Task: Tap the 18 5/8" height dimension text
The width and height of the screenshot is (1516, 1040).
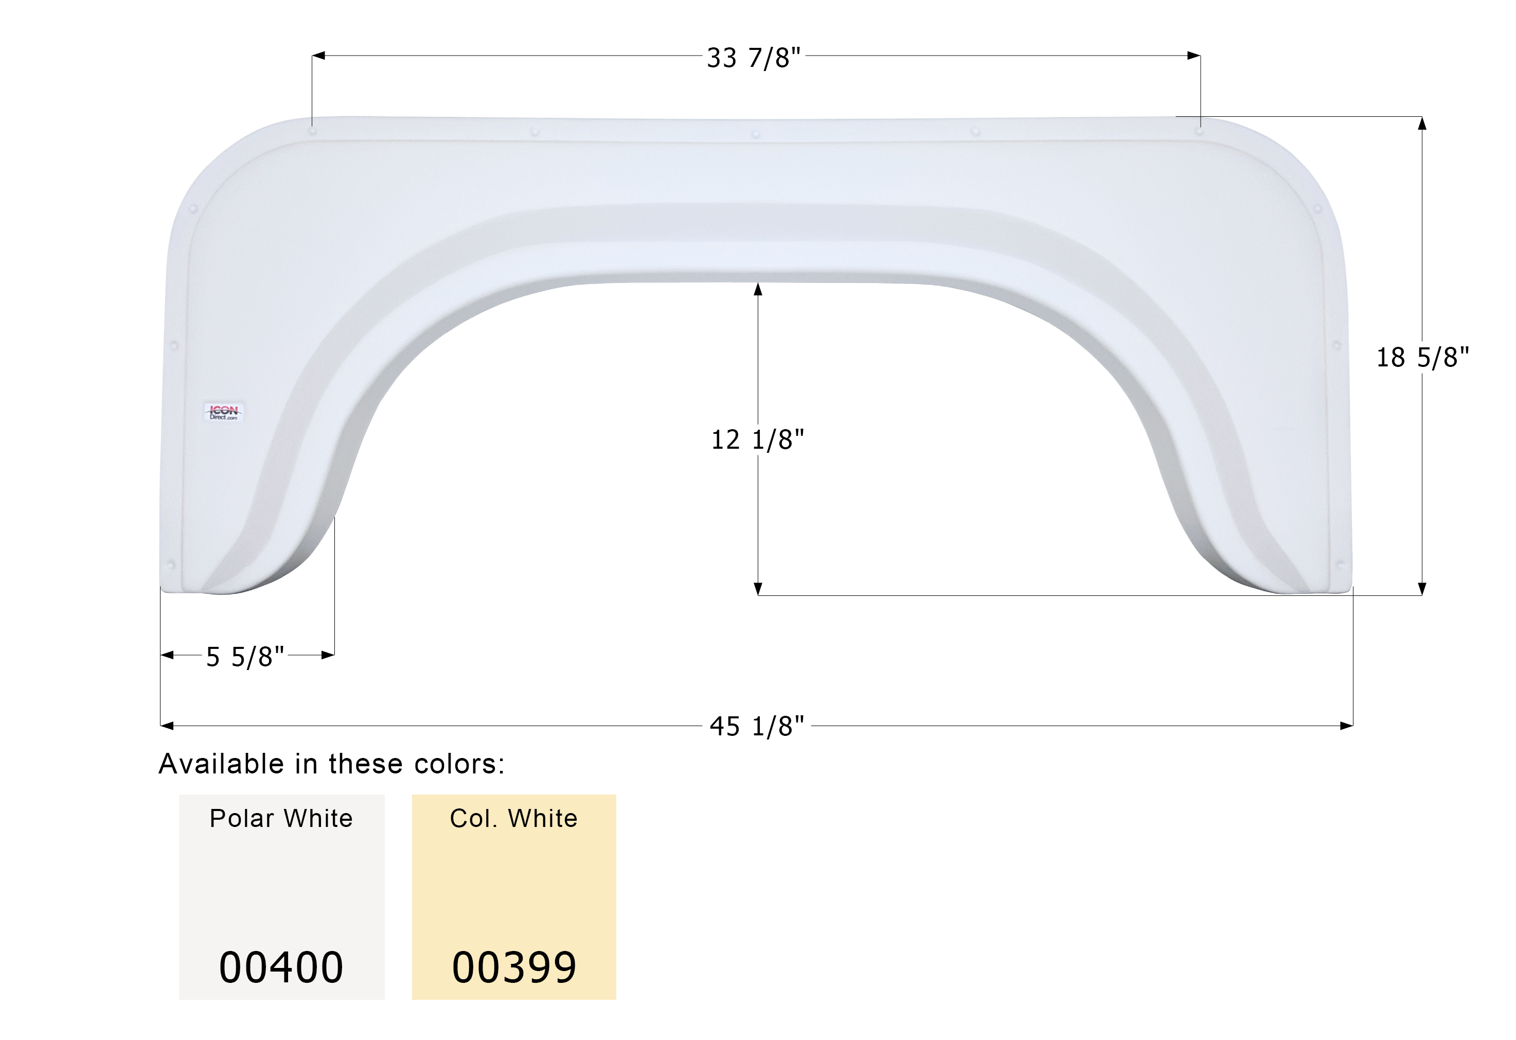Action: pos(1422,358)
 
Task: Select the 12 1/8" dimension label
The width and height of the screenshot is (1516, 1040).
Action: pos(757,440)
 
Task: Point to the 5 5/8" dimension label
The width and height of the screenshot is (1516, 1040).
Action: pos(245,657)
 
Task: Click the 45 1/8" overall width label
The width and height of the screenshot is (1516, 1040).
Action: pos(757,726)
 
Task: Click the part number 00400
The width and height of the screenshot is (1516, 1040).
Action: pos(281,967)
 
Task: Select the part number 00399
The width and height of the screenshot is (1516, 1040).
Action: pos(514,967)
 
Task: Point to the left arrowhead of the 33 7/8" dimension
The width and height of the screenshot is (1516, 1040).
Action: pos(318,56)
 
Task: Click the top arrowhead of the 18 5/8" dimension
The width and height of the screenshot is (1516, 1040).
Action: pos(1422,124)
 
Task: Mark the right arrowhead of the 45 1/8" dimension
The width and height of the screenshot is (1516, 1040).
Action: pos(1346,726)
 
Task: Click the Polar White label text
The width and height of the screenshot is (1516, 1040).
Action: pos(281,818)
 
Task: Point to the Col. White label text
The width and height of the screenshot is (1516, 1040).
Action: pos(514,818)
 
